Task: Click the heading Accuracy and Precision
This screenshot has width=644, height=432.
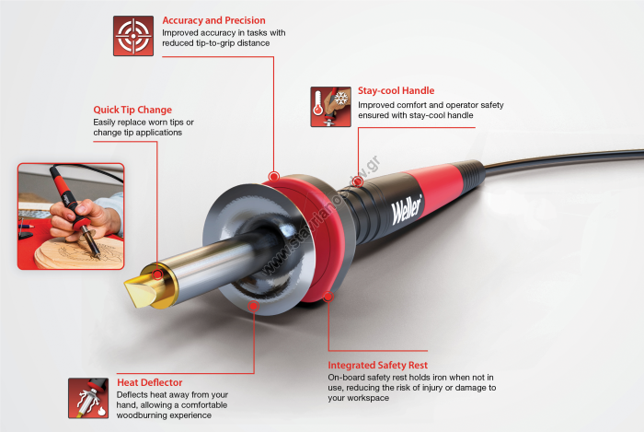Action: point(213,20)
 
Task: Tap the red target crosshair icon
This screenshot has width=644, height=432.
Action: point(133,36)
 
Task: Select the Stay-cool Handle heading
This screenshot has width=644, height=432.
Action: point(396,90)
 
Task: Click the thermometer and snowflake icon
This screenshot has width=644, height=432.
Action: point(330,107)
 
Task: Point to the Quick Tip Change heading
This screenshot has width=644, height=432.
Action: point(132,110)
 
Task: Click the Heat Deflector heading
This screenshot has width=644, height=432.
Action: point(149,382)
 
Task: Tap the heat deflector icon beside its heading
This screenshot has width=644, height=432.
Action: point(88,398)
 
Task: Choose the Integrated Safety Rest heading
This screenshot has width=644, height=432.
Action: point(377,365)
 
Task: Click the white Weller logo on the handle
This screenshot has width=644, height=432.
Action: point(407,209)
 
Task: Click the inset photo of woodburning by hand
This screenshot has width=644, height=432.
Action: point(71,216)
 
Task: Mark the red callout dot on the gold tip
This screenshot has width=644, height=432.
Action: point(157,274)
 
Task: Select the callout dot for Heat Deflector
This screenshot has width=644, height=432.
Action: point(254,306)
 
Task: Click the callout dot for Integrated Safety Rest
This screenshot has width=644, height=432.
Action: point(328,297)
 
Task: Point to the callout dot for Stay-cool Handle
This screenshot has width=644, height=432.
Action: point(358,181)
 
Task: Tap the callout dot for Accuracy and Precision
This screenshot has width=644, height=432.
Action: point(274,177)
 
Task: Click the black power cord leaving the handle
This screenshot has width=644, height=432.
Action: point(563,158)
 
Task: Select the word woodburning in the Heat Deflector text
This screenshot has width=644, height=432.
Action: point(141,415)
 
